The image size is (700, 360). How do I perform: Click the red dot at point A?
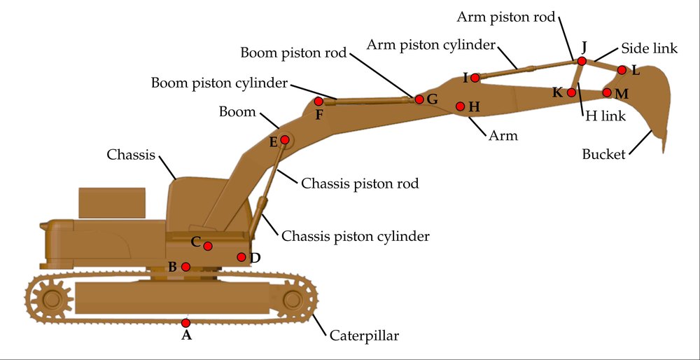click(185, 322)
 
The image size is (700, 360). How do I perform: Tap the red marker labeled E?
click(284, 140)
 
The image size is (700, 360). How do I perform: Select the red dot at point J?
click(582, 61)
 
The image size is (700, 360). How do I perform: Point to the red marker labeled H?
click(461, 106)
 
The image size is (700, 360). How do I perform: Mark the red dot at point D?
click(241, 257)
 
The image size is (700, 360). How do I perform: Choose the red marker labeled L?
click(622, 69)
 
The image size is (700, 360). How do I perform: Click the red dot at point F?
click(318, 102)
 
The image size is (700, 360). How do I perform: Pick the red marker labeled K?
click(571, 92)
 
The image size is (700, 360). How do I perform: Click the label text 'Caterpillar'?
click(364, 335)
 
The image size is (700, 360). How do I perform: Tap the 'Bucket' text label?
click(603, 155)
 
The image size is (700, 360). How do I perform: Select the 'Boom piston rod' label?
click(293, 53)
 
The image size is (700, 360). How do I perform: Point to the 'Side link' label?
click(649, 48)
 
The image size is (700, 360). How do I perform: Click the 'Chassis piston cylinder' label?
click(355, 236)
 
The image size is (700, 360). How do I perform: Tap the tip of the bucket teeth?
click(664, 152)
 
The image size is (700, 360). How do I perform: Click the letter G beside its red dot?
click(432, 99)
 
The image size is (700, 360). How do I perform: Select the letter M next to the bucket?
click(622, 94)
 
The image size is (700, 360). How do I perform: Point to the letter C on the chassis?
click(195, 242)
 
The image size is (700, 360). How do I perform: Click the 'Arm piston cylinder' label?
click(431, 45)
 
